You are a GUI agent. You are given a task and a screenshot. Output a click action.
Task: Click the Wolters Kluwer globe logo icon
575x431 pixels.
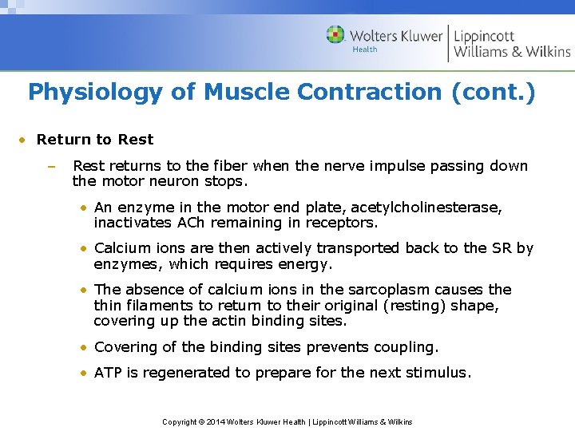tap(335, 35)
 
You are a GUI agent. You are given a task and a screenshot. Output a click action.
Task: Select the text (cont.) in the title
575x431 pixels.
tap(493, 93)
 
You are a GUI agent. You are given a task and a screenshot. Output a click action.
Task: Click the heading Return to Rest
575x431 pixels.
tap(95, 140)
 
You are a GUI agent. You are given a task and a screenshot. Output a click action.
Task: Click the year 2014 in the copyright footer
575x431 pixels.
tap(216, 421)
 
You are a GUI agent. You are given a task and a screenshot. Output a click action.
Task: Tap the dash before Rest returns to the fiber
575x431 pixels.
tap(50, 167)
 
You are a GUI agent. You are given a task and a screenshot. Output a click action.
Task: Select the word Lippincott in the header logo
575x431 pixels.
tap(484, 36)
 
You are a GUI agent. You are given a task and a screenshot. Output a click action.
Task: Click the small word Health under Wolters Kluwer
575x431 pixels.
tap(365, 50)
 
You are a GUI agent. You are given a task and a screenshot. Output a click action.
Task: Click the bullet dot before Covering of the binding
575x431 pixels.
tap(84, 348)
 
